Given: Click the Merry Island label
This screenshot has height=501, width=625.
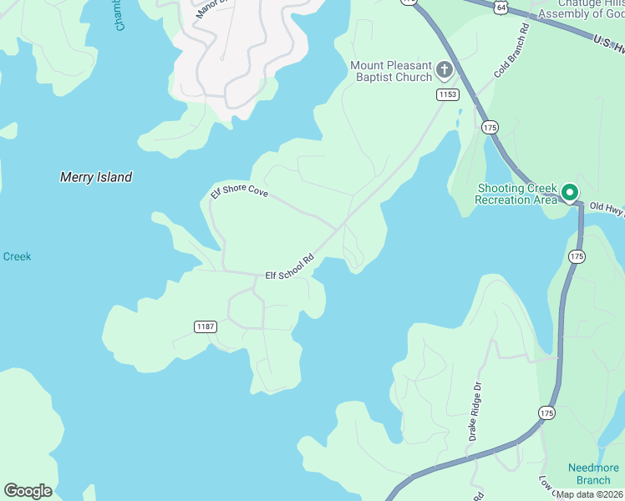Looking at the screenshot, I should [96, 177].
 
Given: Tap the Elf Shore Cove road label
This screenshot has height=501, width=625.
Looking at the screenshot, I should [239, 193].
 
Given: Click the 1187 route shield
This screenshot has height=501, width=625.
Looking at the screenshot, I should [206, 326].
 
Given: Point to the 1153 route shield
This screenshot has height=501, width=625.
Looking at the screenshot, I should [447, 95].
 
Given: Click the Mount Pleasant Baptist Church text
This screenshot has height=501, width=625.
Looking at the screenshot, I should [391, 71].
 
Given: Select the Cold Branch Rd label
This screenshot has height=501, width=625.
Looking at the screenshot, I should [511, 52].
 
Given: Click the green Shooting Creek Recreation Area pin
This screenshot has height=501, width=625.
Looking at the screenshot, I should [571, 193].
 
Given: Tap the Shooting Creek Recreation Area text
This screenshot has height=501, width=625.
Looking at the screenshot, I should [516, 194].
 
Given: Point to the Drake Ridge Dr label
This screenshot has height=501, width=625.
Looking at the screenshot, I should [475, 412].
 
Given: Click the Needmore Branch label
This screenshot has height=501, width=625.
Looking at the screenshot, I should [593, 473].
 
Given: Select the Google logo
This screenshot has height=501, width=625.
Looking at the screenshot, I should [28, 491].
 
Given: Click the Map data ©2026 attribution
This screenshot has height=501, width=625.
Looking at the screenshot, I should [589, 494].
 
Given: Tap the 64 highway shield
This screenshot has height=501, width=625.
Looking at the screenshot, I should [500, 8].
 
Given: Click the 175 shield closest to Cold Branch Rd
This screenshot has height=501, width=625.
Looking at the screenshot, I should [490, 127].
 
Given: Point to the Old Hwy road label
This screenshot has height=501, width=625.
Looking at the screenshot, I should [607, 208].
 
